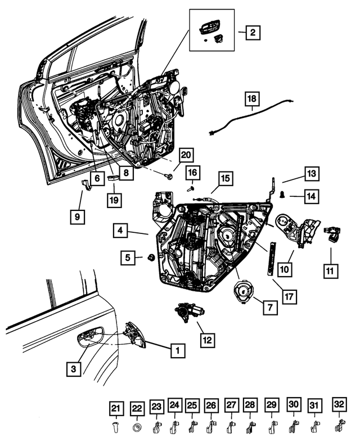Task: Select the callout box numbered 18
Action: (252, 100)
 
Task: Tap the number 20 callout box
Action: (186, 155)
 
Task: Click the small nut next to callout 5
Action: (151, 258)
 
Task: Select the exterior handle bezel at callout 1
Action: (135, 335)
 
